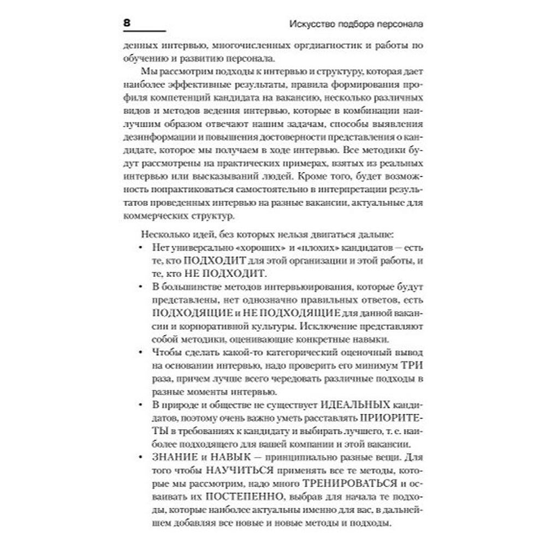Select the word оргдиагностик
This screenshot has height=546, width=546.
click(302, 48)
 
